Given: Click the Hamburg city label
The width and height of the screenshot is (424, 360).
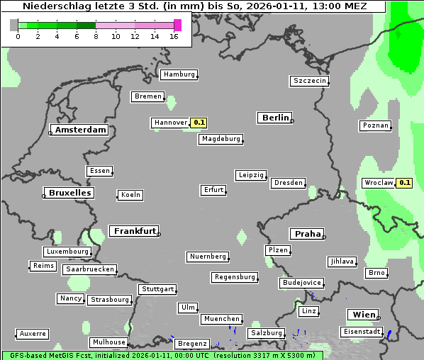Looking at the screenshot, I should [x=178, y=74].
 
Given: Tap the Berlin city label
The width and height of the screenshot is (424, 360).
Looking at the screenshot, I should [x=274, y=118].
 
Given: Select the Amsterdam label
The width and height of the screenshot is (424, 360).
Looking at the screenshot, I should [x=80, y=130].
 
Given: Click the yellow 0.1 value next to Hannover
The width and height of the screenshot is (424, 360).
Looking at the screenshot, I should [x=199, y=123].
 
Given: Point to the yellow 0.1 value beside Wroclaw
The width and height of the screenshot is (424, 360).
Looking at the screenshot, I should [x=404, y=182].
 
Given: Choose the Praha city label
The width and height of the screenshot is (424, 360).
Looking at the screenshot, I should [x=307, y=234].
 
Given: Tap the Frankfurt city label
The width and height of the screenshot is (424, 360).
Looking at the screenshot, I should [x=134, y=231].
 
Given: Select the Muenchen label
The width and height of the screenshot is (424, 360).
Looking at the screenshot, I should [x=221, y=319].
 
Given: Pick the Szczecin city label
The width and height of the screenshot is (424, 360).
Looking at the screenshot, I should [x=309, y=81].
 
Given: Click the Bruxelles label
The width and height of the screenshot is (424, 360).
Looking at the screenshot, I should [x=69, y=193].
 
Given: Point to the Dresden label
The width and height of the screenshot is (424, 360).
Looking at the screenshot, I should [x=289, y=183].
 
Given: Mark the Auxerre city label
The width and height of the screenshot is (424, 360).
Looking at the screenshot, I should [x=33, y=333].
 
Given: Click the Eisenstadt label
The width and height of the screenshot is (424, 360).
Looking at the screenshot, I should [x=362, y=332].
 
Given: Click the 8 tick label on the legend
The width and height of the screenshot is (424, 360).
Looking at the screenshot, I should [x=96, y=36].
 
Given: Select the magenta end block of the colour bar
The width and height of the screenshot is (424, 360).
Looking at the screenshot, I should [x=178, y=25].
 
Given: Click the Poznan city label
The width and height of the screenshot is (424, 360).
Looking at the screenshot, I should [x=376, y=125].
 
